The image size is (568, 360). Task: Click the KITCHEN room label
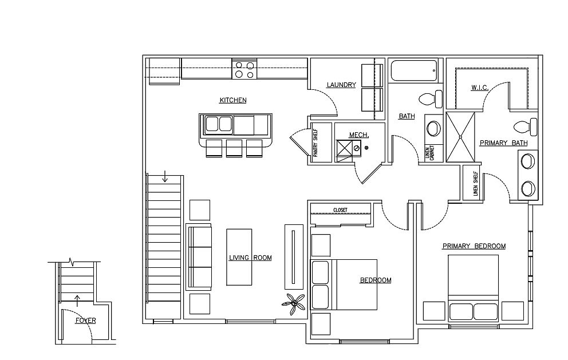(x=233, y=100)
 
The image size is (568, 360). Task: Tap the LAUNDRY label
(x=341, y=85)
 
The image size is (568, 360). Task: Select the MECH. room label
(x=358, y=135)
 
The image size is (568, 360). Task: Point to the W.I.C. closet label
(x=480, y=88)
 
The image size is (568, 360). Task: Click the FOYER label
(x=86, y=321)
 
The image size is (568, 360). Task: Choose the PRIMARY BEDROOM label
(x=474, y=246)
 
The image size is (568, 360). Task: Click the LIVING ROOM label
(x=250, y=258)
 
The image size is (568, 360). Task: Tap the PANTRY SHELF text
(x=315, y=143)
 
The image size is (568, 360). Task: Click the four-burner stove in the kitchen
(x=244, y=69)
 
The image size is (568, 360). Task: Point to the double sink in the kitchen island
(x=219, y=125)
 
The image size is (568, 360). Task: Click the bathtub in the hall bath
(x=415, y=70)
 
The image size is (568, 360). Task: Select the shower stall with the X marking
(x=460, y=137)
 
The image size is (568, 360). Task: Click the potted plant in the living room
(x=294, y=304)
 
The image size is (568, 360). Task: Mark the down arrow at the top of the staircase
(x=165, y=176)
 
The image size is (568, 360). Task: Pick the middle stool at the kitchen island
(x=234, y=148)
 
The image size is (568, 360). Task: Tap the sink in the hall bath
(x=433, y=128)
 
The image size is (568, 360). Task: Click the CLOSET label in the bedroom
(x=340, y=210)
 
